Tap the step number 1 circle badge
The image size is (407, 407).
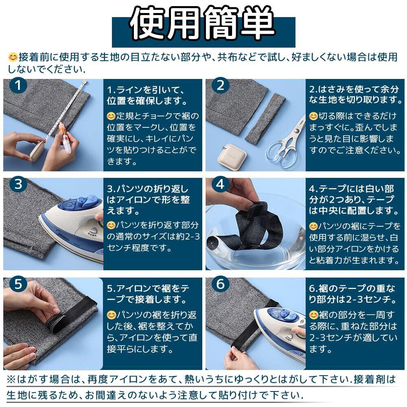pyautogui.click(x=18, y=85)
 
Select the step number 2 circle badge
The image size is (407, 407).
pyautogui.click(x=220, y=85)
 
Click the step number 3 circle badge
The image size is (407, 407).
pyautogui.click(x=18, y=184)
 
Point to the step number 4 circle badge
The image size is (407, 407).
pyautogui.click(x=220, y=184)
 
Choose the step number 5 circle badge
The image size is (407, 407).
pyautogui.click(x=18, y=284)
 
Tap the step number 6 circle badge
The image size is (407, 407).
pyautogui.click(x=220, y=284)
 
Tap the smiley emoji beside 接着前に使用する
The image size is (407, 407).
pyautogui.click(x=13, y=57)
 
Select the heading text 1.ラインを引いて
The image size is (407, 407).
pyautogui.click(x=146, y=90)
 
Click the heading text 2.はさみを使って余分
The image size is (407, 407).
pyautogui.click(x=354, y=89)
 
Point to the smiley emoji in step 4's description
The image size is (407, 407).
pyautogui.click(x=313, y=226)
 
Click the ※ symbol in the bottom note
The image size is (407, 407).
pyautogui.click(x=11, y=379)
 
